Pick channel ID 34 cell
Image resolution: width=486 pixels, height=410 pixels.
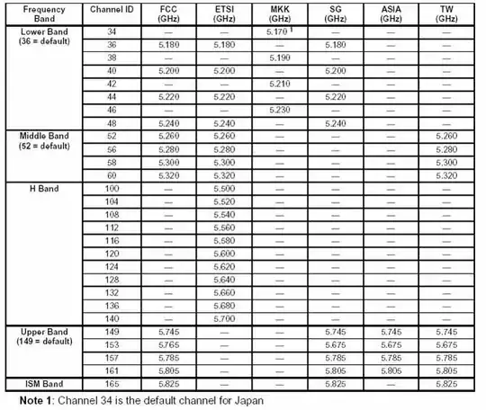[112, 31]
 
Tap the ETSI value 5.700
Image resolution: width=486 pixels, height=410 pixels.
[225, 318]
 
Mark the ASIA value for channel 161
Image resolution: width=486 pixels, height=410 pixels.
[391, 370]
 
